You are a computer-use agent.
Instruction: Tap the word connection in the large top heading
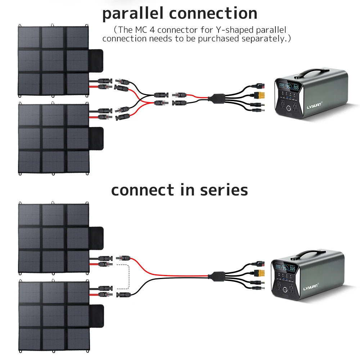213,14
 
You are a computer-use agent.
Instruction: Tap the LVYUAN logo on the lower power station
317,288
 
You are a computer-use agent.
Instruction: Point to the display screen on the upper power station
287,87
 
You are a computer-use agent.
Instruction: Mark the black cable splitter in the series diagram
219,276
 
